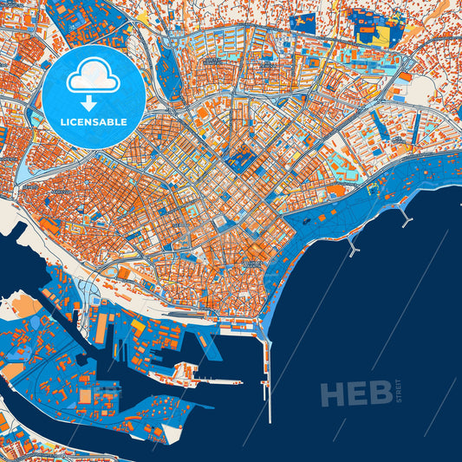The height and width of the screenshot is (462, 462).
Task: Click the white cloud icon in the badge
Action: [93, 76]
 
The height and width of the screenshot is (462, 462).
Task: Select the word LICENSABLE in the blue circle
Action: [93, 122]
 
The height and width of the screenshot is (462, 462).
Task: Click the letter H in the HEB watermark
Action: [334, 394]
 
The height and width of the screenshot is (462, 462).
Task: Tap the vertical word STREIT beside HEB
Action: [400, 393]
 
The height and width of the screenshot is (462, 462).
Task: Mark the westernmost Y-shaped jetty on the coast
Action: [351, 247]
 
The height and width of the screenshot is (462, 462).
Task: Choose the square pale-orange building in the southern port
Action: [87, 395]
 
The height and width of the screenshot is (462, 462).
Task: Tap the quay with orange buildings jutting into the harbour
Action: [182, 374]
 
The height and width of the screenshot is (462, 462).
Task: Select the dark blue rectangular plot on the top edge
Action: [304, 18]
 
